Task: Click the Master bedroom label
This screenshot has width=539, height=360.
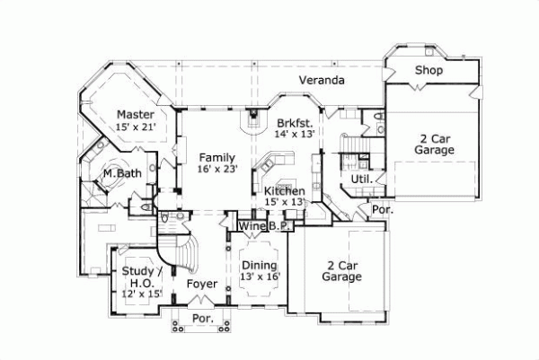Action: [x=136, y=115]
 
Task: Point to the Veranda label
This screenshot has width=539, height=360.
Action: [x=322, y=81]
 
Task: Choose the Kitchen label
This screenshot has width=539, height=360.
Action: [x=284, y=191]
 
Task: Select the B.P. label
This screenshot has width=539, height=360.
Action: [x=277, y=227]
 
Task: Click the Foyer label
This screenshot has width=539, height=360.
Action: [x=202, y=284]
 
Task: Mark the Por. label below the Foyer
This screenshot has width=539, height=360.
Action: [x=203, y=319]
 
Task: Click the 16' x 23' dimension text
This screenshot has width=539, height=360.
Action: [x=217, y=168]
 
